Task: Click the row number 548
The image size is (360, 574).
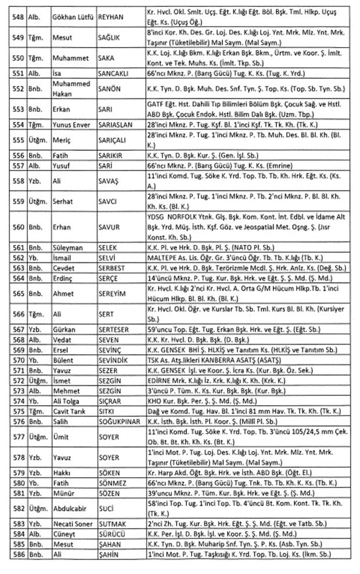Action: click(17, 13)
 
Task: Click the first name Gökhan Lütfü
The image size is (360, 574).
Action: click(73, 13)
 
